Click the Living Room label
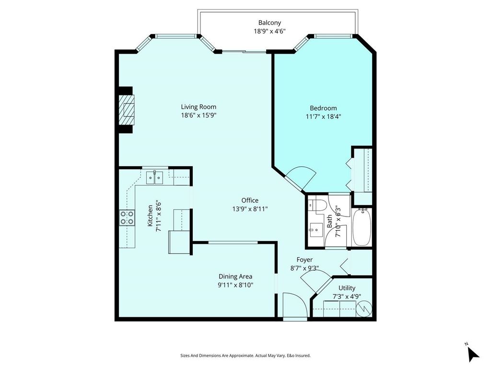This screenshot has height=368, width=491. (x=199, y=107)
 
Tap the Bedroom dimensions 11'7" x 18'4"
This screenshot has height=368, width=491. (x=324, y=116)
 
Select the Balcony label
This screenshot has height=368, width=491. (x=269, y=23)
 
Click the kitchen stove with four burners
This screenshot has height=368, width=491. (x=127, y=218)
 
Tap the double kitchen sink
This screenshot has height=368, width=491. (x=155, y=178)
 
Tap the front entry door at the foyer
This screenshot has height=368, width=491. (x=293, y=306)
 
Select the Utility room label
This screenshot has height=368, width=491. (x=347, y=288)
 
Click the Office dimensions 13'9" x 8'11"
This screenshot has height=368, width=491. (x=250, y=209)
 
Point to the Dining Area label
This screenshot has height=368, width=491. (x=235, y=276)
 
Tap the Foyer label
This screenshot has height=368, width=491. (x=304, y=260)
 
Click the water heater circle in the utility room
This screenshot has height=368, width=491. (x=366, y=308)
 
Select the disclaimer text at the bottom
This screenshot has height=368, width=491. (x=245, y=356)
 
